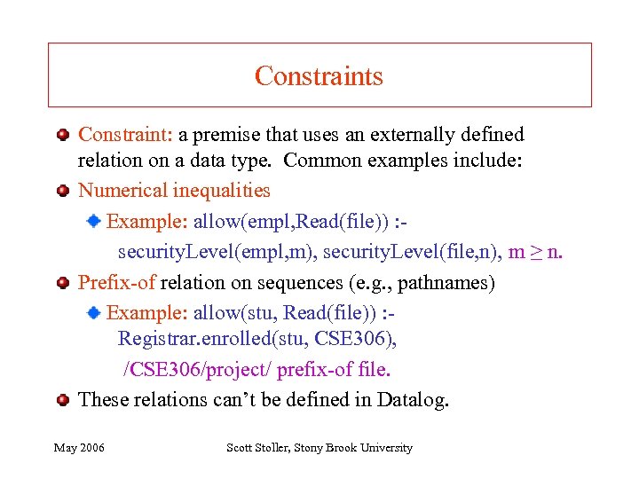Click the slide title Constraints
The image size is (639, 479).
(319, 76)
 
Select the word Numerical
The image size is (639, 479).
(123, 190)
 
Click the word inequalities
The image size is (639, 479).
(221, 190)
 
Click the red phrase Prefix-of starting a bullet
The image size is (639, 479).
(117, 283)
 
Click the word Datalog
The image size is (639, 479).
(413, 399)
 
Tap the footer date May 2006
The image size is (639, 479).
(79, 448)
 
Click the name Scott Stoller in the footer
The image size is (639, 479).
(257, 448)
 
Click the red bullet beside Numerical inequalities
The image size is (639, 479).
(63, 190)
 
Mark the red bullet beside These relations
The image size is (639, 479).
(63, 399)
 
